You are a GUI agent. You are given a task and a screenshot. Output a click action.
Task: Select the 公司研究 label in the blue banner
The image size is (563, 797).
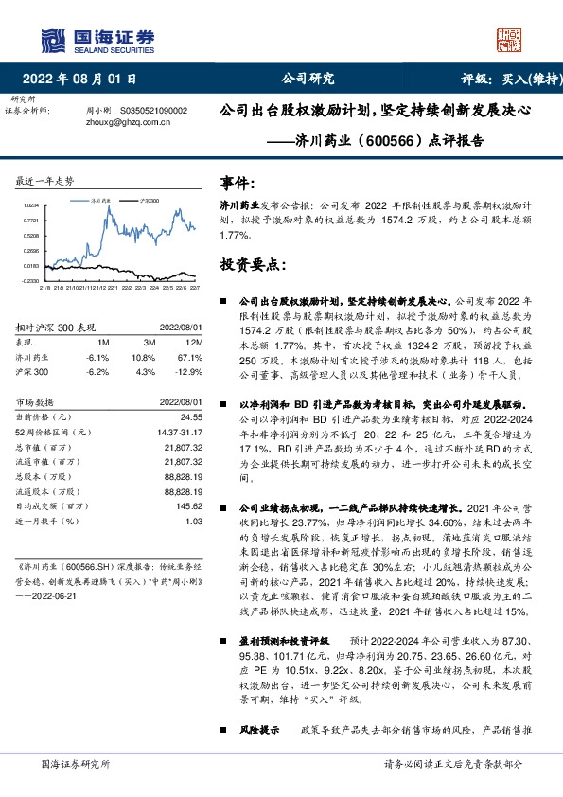(x=308, y=80)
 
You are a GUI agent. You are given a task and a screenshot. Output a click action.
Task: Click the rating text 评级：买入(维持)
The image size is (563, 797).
(x=501, y=80)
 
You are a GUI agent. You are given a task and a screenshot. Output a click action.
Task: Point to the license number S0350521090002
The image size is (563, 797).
(x=152, y=111)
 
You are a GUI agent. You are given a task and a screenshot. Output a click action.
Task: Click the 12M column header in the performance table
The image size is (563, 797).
(x=194, y=340)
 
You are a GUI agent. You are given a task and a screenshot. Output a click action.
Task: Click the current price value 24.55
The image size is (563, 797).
(x=193, y=416)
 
